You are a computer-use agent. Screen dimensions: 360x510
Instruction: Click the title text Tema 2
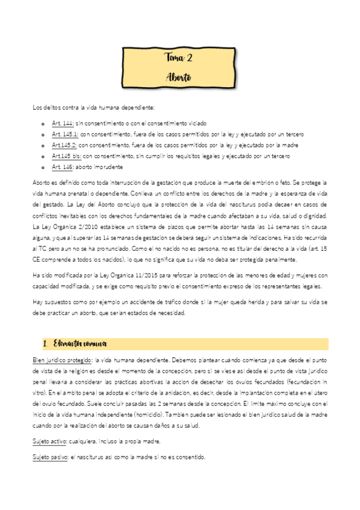coord(178,58)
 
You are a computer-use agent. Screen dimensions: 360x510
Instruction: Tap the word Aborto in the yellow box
coord(178,78)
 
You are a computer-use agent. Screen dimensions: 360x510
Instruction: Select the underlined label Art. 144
coord(63,123)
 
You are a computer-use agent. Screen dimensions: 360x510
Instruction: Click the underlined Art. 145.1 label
coord(65,134)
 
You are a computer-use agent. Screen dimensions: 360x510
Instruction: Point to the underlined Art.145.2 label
coord(64,145)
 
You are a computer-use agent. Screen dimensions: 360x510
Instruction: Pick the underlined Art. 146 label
coord(63,167)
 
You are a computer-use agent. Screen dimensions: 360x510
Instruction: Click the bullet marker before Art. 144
coord(42,123)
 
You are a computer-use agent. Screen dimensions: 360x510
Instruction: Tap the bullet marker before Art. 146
coord(42,167)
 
